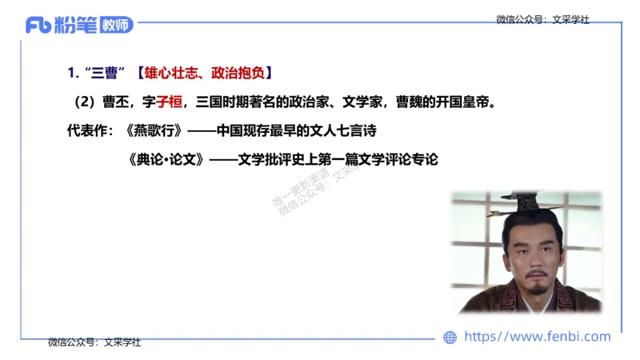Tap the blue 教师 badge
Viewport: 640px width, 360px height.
click(x=117, y=26)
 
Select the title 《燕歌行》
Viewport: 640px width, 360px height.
click(x=155, y=130)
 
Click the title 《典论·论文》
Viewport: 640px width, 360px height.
click(x=165, y=158)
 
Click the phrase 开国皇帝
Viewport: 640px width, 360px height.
click(x=468, y=102)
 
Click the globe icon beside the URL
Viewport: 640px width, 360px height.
click(x=450, y=338)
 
